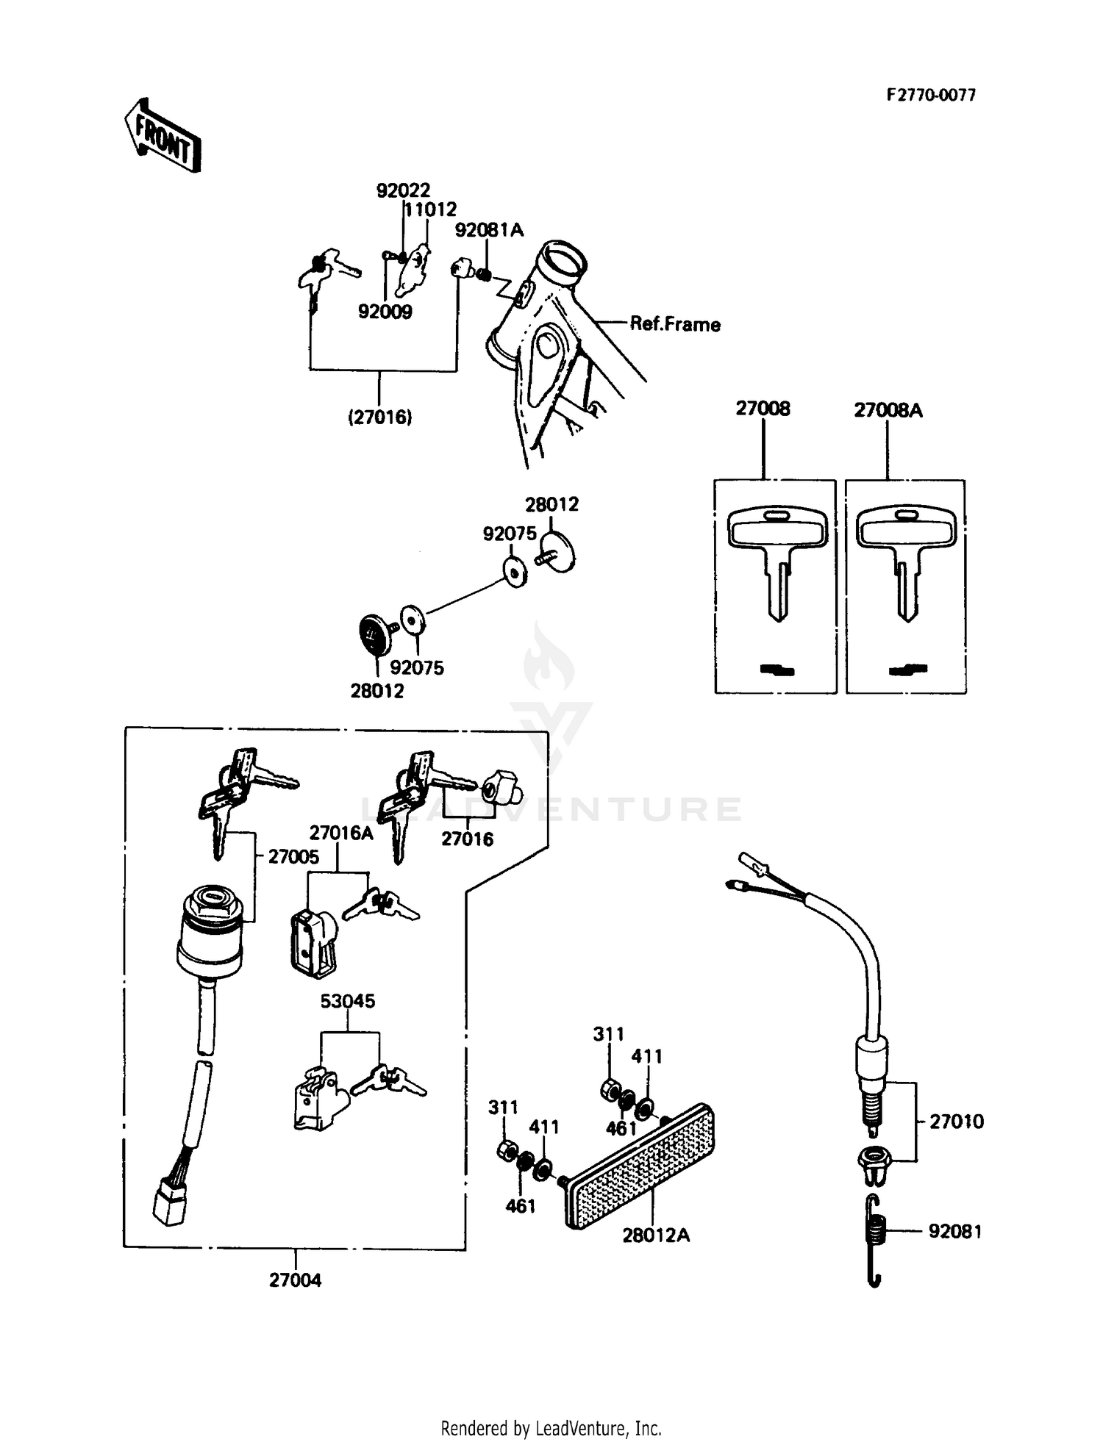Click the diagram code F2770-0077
[930, 95]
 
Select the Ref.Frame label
[674, 324]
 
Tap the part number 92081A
[489, 230]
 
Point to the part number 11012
[432, 209]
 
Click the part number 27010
[956, 1122]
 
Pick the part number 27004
[295, 1280]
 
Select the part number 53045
[347, 1001]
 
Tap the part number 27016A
[340, 833]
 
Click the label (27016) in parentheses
[379, 417]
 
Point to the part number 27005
[293, 856]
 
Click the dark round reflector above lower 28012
[374, 634]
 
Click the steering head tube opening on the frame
[563, 261]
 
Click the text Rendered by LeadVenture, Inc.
[551, 1428]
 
